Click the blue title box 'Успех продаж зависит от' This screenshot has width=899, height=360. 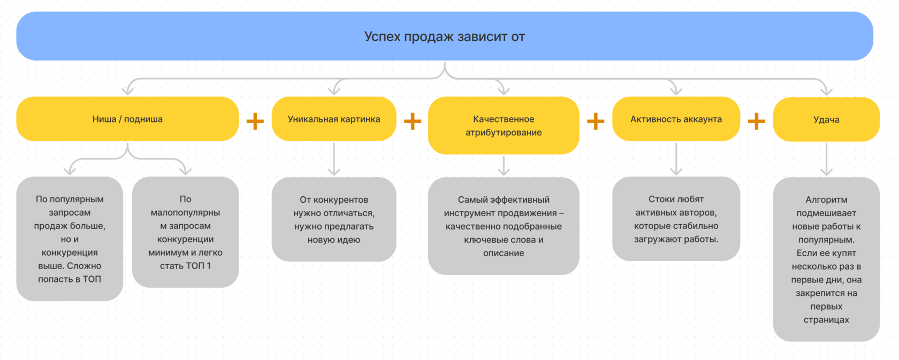click(x=444, y=36)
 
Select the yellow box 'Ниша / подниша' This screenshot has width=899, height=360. click(x=127, y=119)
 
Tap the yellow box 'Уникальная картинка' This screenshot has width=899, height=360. click(x=334, y=119)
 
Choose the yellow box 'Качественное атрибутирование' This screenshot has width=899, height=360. click(x=504, y=126)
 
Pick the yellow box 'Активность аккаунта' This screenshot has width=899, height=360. click(x=676, y=119)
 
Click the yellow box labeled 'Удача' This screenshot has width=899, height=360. click(x=826, y=119)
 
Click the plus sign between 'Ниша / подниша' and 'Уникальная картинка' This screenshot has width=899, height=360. click(x=255, y=121)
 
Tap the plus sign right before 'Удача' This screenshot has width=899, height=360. click(x=756, y=121)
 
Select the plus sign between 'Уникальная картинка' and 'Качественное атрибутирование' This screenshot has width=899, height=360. click(x=412, y=121)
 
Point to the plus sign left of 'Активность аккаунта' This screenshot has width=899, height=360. click(x=596, y=121)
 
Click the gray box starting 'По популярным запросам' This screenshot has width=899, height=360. click(x=70, y=239)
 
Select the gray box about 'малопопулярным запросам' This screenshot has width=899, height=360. click(x=185, y=232)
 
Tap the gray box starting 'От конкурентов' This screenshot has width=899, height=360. click(x=334, y=219)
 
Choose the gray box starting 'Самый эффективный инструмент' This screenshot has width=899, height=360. click(x=504, y=226)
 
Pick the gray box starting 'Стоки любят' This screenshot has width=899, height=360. click(x=676, y=219)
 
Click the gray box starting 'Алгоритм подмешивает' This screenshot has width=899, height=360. click(x=826, y=259)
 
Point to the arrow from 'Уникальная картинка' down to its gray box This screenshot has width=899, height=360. click(x=334, y=159)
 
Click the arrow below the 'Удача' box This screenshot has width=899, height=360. click(x=826, y=159)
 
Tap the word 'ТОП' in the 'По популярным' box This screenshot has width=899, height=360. click(x=92, y=279)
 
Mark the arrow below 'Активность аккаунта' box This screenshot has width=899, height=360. click(x=676, y=159)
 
